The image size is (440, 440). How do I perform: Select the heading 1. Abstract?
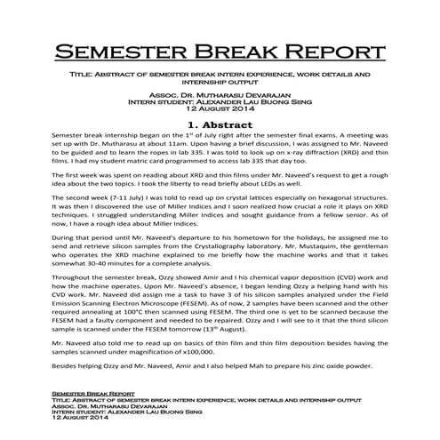tap(220, 124)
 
